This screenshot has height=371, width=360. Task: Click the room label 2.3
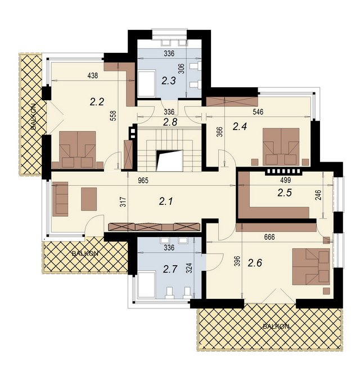(169, 81)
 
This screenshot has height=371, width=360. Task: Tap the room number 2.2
(97, 102)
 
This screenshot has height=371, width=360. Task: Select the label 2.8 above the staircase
(170, 123)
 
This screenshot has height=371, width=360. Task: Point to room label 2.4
(240, 127)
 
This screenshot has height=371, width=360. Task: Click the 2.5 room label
(285, 193)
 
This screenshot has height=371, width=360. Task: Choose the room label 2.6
(255, 263)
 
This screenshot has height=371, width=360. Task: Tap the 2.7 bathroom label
(170, 269)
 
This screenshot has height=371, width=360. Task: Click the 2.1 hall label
(166, 202)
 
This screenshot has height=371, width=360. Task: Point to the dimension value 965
(143, 181)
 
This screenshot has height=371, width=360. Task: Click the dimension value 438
(93, 75)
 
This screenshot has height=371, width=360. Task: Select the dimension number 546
(258, 111)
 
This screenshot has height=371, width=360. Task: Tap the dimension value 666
(269, 237)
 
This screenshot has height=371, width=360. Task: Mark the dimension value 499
(286, 180)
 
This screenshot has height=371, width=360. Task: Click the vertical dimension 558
(114, 116)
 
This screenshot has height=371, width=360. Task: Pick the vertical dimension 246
(318, 195)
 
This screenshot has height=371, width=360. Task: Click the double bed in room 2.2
(78, 150)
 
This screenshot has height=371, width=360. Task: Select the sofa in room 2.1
(60, 199)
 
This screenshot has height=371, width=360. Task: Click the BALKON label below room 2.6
(276, 327)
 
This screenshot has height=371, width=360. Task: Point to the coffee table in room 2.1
(89, 199)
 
